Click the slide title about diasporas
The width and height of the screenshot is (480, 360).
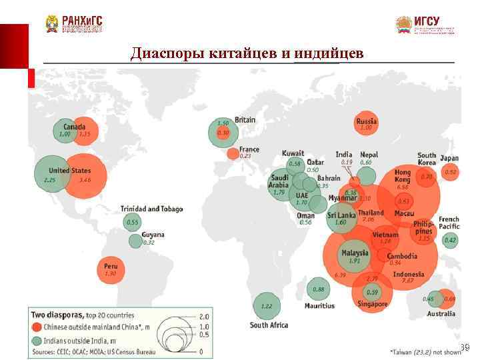point(247,53)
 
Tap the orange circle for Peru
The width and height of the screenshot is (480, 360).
point(111,269)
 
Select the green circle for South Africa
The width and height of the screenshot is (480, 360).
point(267,306)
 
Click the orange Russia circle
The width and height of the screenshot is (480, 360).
point(366,123)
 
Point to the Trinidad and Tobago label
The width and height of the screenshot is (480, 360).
point(151,209)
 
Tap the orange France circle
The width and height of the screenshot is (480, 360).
point(233,154)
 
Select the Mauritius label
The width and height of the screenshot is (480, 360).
point(319,306)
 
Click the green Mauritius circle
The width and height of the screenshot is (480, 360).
point(319,289)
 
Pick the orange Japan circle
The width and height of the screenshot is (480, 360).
point(451,173)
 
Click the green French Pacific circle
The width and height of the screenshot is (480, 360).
point(451,240)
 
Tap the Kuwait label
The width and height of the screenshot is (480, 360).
point(293,153)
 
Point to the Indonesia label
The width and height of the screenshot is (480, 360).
point(409,274)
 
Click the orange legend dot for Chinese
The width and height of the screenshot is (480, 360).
point(36,327)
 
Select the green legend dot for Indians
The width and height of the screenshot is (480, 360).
point(36,340)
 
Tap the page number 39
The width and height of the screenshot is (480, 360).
point(465,347)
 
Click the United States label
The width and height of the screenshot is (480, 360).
point(69,171)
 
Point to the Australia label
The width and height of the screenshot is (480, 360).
point(441,313)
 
